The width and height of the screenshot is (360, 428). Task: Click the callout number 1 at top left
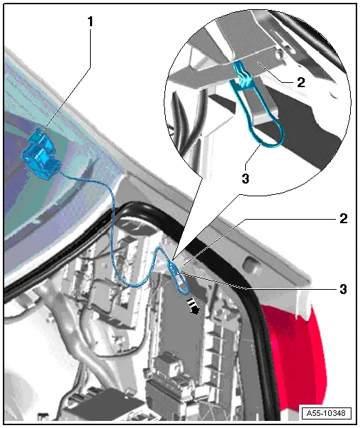(90, 21)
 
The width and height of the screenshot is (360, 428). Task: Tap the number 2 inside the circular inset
(300, 82)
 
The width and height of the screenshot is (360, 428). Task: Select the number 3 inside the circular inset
(246, 179)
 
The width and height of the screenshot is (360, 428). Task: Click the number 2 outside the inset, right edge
(344, 218)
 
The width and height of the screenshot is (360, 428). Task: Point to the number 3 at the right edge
(344, 289)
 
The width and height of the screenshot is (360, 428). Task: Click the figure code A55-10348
(326, 412)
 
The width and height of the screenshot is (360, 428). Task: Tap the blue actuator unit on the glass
(41, 154)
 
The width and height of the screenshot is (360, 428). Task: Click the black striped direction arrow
(193, 306)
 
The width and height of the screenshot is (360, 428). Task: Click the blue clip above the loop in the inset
(242, 74)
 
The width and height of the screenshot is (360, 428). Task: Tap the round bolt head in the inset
(279, 53)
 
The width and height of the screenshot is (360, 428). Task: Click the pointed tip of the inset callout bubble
(172, 258)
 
